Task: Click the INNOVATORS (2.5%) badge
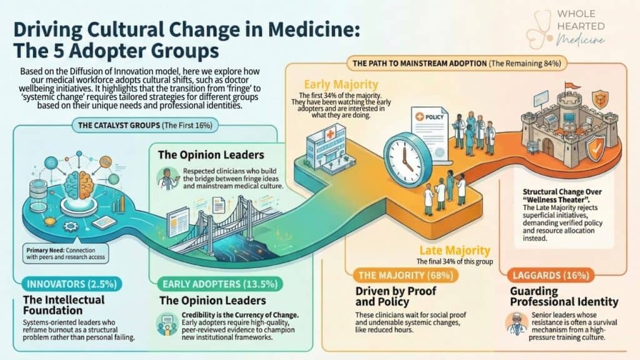click(x=72, y=284)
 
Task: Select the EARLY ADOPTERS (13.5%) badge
click(x=219, y=284)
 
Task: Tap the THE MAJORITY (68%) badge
click(x=406, y=276)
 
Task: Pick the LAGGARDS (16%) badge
click(x=551, y=276)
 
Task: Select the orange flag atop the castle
click(x=572, y=86)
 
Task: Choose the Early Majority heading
click(x=341, y=84)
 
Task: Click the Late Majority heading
click(x=455, y=250)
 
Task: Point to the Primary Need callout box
click(x=66, y=254)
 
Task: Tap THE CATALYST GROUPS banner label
click(x=145, y=125)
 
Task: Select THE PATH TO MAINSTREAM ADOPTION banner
click(x=457, y=63)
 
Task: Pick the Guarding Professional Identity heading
click(x=564, y=296)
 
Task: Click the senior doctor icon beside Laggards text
click(x=517, y=324)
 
